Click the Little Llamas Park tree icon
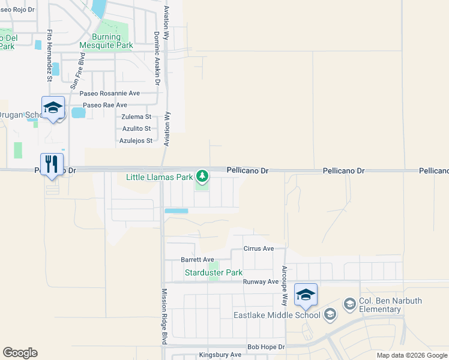[202, 176]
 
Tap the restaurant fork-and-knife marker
[52, 163]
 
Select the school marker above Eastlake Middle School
[306, 295]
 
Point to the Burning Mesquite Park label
[106, 41]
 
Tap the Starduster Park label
[213, 273]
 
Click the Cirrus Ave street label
[259, 248]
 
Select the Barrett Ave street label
[197, 260]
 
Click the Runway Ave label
[261, 281]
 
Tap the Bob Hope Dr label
[266, 347]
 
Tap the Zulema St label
[136, 117]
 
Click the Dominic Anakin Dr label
[157, 58]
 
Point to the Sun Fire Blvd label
[78, 70]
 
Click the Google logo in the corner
[20, 353]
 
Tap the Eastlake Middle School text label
[277, 314]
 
